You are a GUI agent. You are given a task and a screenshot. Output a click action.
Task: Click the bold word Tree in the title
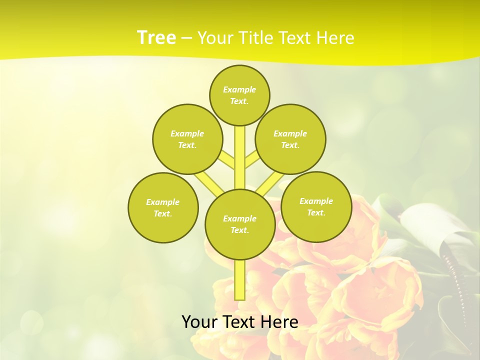[156, 38]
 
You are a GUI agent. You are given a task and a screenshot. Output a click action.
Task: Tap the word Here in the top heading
[334, 38]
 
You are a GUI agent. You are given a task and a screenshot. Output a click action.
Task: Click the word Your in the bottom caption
[199, 322]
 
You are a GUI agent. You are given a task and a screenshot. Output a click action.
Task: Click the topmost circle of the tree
[239, 95]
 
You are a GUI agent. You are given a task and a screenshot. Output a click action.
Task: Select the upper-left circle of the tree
[187, 139]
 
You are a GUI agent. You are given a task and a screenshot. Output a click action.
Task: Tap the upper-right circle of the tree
[290, 139]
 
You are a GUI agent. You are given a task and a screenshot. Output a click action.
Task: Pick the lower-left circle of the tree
[163, 207]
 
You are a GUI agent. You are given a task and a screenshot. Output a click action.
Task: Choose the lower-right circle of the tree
[316, 206]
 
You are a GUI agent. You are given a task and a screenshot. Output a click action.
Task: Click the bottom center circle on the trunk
[240, 224]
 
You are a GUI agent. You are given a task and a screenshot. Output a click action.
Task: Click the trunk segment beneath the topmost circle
[240, 150]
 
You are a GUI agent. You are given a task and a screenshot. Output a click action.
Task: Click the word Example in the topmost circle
[239, 89]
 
